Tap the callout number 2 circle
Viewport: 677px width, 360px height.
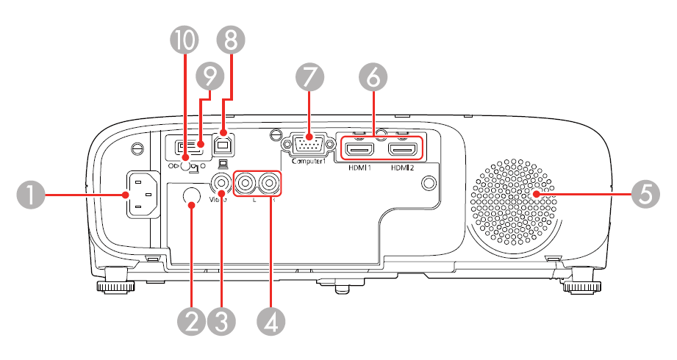(x=193, y=322)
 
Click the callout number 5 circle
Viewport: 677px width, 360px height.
(x=645, y=195)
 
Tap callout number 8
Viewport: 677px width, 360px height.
(x=231, y=43)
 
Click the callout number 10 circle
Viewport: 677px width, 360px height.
(x=184, y=43)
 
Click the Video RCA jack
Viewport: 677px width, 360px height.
(x=220, y=180)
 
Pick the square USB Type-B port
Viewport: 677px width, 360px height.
(x=222, y=143)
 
